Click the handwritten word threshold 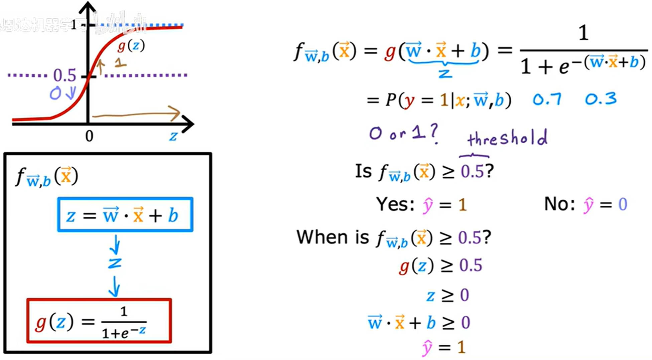[507, 138]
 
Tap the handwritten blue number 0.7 [547, 99]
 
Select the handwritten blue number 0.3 [601, 99]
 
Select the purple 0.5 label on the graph [64, 75]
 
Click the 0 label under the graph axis [89, 136]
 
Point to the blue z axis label [173, 136]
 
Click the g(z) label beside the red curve [131, 46]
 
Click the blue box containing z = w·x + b [125, 215]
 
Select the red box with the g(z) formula [99, 321]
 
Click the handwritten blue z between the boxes [115, 263]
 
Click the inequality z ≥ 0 [447, 295]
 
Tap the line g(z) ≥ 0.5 [440, 266]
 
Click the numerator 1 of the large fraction [583, 33]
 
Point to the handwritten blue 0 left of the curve [55, 94]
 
